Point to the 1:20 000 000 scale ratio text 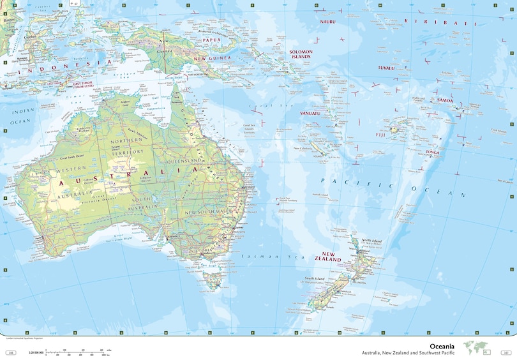(34, 353)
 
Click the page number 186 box (10, 353)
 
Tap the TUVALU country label (386, 67)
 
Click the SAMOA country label (445, 100)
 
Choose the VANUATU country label (310, 114)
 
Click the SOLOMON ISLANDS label (300, 54)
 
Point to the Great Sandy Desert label (73, 158)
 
